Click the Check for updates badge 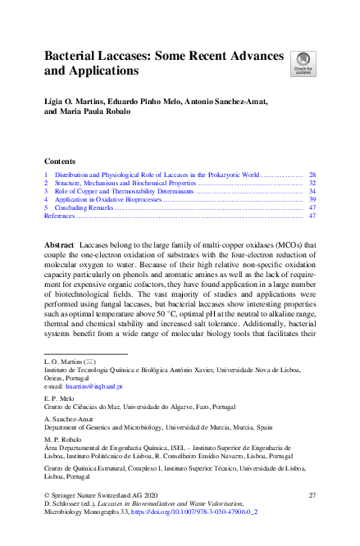pyautogui.click(x=303, y=64)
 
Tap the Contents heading pyautogui.click(x=60, y=162)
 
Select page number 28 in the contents pyautogui.click(x=312, y=175)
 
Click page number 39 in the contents pyautogui.click(x=312, y=199)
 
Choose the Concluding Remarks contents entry pyautogui.click(x=85, y=207)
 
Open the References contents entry pyautogui.click(x=60, y=216)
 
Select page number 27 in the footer pyautogui.click(x=312, y=495)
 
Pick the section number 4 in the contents pyautogui.click(x=46, y=199)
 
